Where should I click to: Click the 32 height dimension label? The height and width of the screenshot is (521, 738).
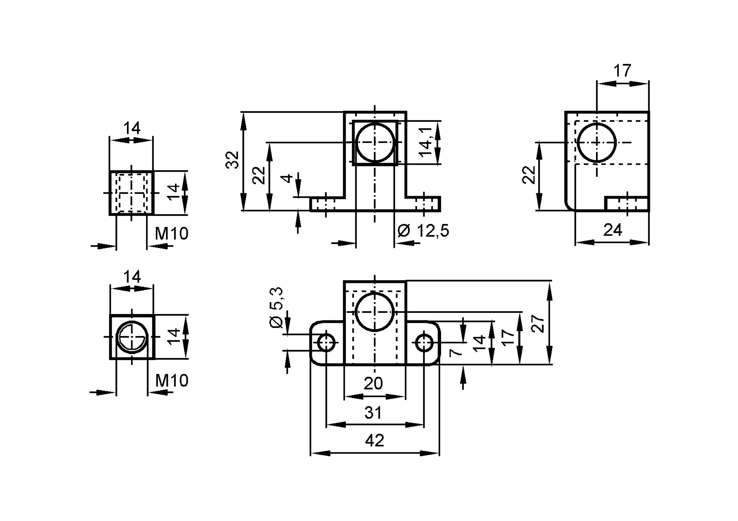click(x=233, y=160)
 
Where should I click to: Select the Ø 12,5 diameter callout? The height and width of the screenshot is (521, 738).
click(x=423, y=231)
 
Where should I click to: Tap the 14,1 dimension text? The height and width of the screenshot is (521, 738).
click(x=426, y=142)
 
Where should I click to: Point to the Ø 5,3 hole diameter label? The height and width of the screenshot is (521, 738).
click(x=277, y=307)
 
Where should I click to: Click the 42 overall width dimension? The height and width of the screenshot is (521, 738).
click(x=374, y=440)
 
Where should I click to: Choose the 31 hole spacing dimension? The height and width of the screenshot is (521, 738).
click(x=373, y=412)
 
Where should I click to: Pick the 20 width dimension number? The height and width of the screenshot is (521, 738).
click(x=373, y=384)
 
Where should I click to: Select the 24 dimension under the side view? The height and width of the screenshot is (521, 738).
click(x=613, y=230)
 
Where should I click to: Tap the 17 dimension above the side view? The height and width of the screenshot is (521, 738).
click(x=622, y=71)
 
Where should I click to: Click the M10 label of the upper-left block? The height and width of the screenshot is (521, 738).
click(x=172, y=234)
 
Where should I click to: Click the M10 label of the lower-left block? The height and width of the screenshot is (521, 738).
click(x=172, y=381)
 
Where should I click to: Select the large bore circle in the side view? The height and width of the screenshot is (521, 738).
click(x=597, y=143)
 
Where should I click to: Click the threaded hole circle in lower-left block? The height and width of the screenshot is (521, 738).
click(x=132, y=337)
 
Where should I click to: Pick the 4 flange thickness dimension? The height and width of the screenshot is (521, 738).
click(x=287, y=178)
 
